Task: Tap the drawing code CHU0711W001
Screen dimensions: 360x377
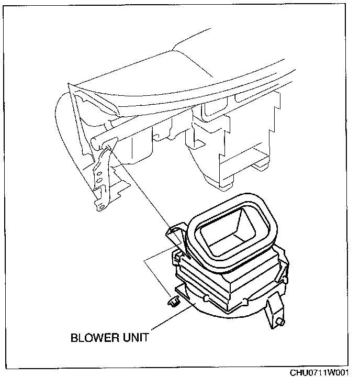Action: (319, 371)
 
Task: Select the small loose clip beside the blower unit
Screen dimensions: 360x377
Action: (173, 302)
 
